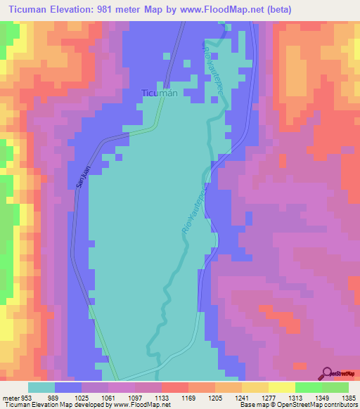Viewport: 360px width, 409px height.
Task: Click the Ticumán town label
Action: pos(157,93)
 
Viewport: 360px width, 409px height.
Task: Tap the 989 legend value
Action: pos(67,396)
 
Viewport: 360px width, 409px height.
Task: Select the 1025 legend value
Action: pos(95,396)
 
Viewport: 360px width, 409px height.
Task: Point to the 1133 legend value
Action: pos(174,396)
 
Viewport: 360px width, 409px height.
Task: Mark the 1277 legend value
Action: pos(279,396)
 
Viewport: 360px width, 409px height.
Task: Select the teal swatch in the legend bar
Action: pos(41,387)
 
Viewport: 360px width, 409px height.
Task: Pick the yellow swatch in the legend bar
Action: pos(281,387)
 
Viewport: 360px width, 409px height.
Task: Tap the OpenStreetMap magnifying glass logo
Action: pos(328,372)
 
